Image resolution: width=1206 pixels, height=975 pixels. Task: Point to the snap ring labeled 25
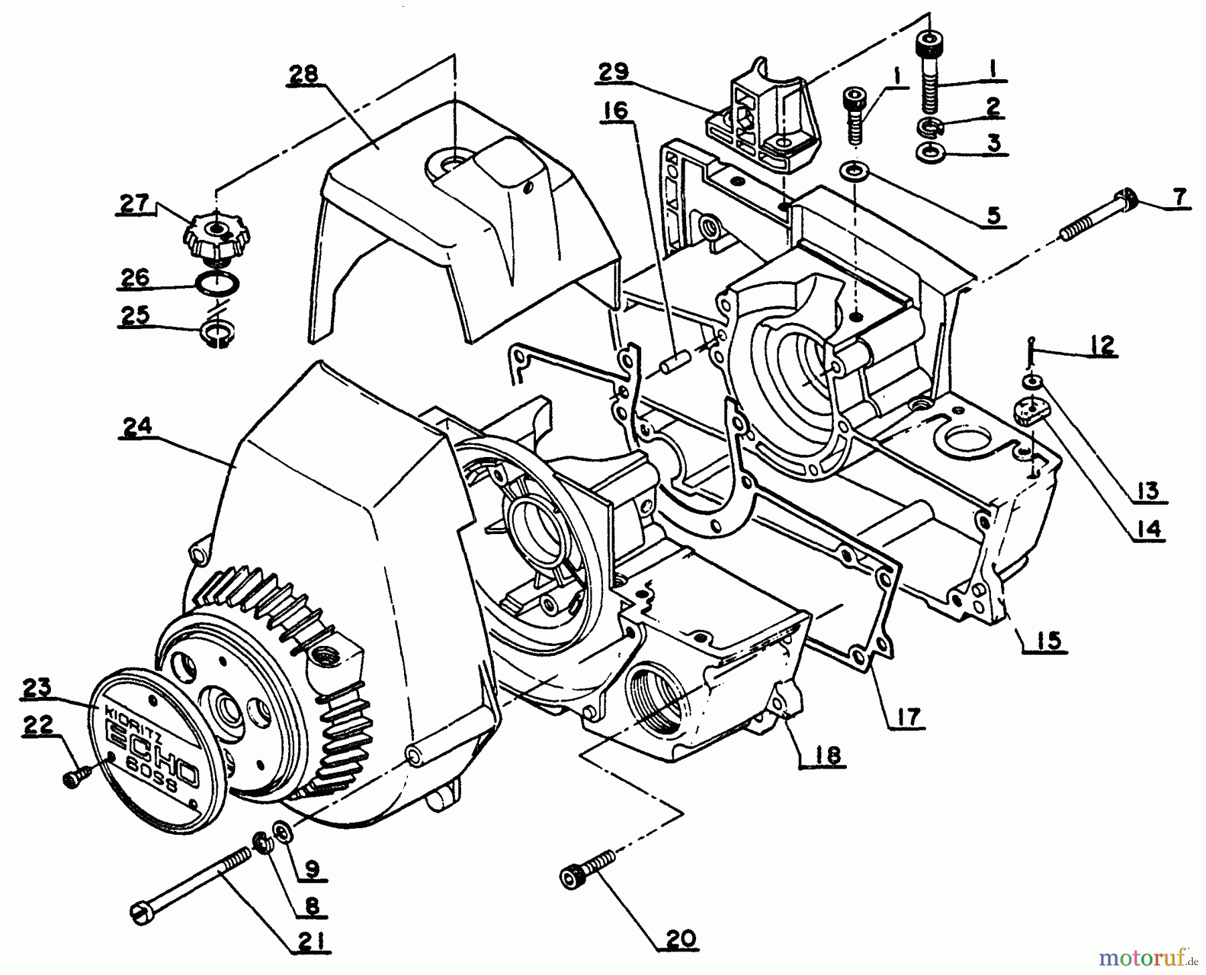point(216,334)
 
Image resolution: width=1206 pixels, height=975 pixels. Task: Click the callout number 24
point(137,426)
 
